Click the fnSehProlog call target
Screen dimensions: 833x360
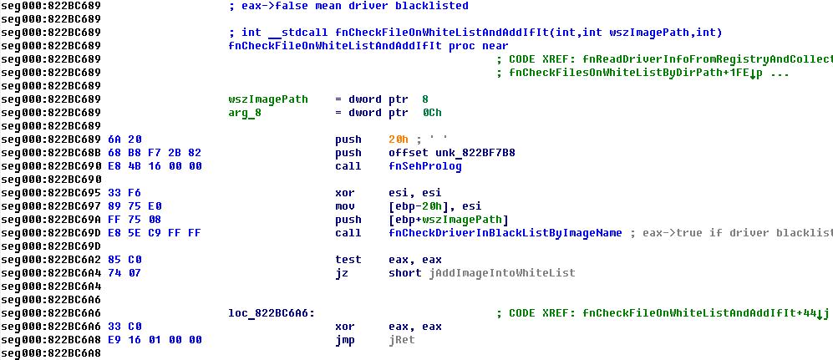(x=424, y=166)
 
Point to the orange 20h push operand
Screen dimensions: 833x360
(x=399, y=139)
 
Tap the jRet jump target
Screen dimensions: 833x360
(x=401, y=340)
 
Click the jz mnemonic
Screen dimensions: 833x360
(x=342, y=273)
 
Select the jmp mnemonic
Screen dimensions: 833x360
(x=345, y=340)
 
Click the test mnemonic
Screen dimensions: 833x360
(x=348, y=260)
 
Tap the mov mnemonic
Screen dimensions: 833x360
(x=345, y=206)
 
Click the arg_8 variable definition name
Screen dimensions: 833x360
(x=245, y=113)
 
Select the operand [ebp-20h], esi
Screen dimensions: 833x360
(x=434, y=206)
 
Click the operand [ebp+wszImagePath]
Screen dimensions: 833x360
(x=448, y=220)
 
